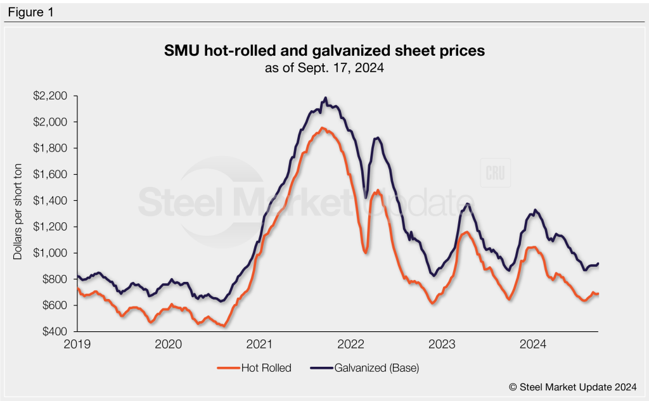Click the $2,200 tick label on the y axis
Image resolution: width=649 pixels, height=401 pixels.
pos(54,96)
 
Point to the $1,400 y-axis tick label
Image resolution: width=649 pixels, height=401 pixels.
pos(54,200)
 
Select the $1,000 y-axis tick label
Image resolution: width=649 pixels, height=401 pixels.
pos(54,253)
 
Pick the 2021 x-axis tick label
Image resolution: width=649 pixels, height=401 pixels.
pos(259,345)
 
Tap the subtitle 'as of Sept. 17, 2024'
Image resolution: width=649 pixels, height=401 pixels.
pos(324,67)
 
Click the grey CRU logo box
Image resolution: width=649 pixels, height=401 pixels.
pos(496,175)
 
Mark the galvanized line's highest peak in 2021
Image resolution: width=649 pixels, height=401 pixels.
pos(326,98)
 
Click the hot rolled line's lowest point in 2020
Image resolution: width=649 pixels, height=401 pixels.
pos(223,326)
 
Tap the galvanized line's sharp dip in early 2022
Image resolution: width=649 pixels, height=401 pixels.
pos(366,196)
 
